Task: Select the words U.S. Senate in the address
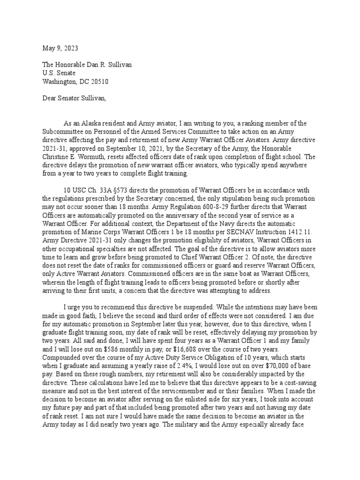tap(54, 73)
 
